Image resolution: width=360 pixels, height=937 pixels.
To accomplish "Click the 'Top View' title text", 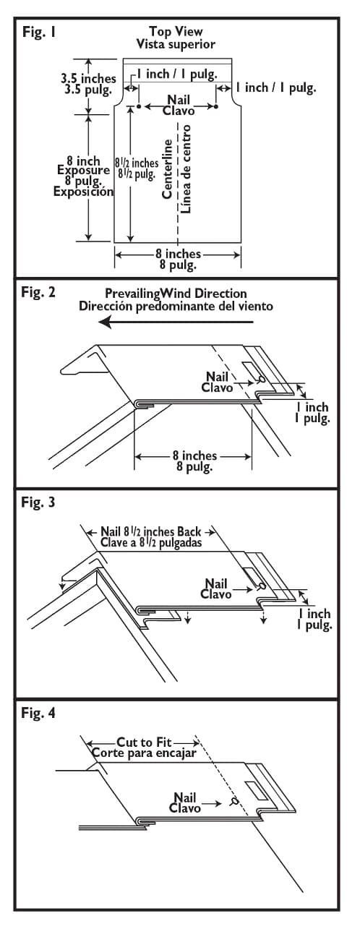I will click(x=176, y=31).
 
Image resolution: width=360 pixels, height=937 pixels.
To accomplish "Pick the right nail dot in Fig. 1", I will click(x=216, y=107).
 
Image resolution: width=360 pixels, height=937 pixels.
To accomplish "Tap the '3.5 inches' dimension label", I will click(x=86, y=75).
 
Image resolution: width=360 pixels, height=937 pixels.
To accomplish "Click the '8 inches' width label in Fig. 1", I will click(x=178, y=254).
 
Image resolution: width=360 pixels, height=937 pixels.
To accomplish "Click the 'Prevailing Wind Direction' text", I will click(x=176, y=294).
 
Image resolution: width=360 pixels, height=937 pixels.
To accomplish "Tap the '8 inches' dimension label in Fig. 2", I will click(x=194, y=455).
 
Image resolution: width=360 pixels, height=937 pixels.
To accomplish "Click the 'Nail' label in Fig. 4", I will click(x=186, y=797).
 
